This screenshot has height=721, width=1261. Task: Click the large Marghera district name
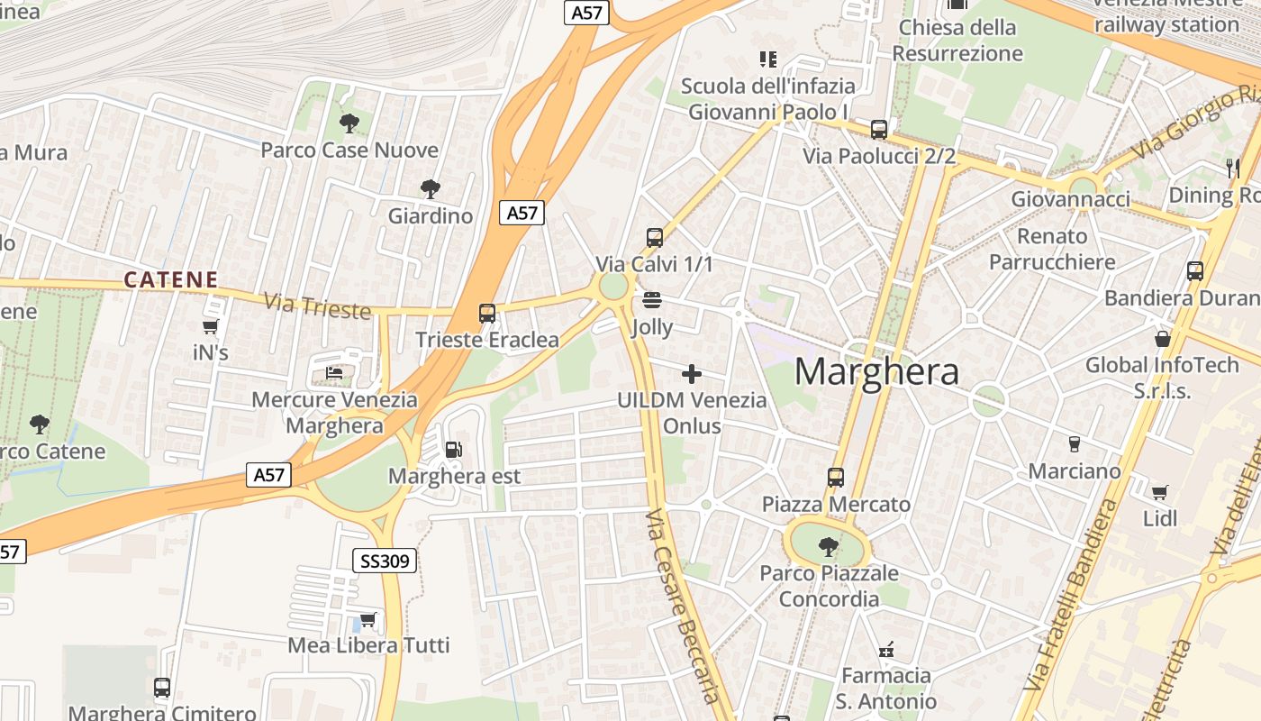pyautogui.click(x=876, y=371)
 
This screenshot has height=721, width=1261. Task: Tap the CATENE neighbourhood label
pyautogui.click(x=171, y=280)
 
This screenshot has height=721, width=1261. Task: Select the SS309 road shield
pyautogui.click(x=385, y=561)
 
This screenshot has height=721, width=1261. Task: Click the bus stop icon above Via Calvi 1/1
pyautogui.click(x=655, y=238)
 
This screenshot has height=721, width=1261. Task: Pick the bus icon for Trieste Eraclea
pyautogui.click(x=487, y=314)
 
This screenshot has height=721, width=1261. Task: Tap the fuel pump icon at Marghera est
pyautogui.click(x=454, y=449)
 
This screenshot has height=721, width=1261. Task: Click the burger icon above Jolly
pyautogui.click(x=652, y=299)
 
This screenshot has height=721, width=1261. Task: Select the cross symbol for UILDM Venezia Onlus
pyautogui.click(x=692, y=373)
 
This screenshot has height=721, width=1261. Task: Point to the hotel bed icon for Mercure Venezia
pyautogui.click(x=334, y=372)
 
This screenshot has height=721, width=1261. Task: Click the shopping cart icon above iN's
pyautogui.click(x=211, y=326)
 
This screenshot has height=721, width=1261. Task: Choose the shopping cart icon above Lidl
pyautogui.click(x=1160, y=492)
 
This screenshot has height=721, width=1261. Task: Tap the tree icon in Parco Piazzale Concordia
pyautogui.click(x=828, y=546)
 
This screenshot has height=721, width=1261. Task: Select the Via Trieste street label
pyautogui.click(x=317, y=306)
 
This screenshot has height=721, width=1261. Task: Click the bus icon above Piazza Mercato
pyautogui.click(x=836, y=478)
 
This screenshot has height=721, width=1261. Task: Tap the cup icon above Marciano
pyautogui.click(x=1074, y=443)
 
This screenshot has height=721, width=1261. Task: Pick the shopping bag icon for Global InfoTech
pyautogui.click(x=1163, y=339)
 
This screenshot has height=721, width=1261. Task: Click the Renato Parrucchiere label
pyautogui.click(x=1052, y=249)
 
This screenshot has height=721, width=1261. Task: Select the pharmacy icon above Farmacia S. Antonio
pyautogui.click(x=887, y=649)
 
